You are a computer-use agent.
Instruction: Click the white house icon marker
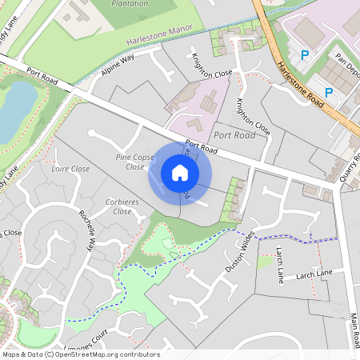coord(180,173)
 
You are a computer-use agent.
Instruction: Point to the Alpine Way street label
coord(117,66)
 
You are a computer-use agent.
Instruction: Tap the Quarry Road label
coord(350,166)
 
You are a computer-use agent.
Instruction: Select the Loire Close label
coord(70,170)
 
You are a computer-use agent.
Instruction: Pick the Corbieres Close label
coord(122,207)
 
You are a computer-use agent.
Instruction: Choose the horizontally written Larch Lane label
coord(314,274)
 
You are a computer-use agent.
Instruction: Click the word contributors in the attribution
coord(139,354)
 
